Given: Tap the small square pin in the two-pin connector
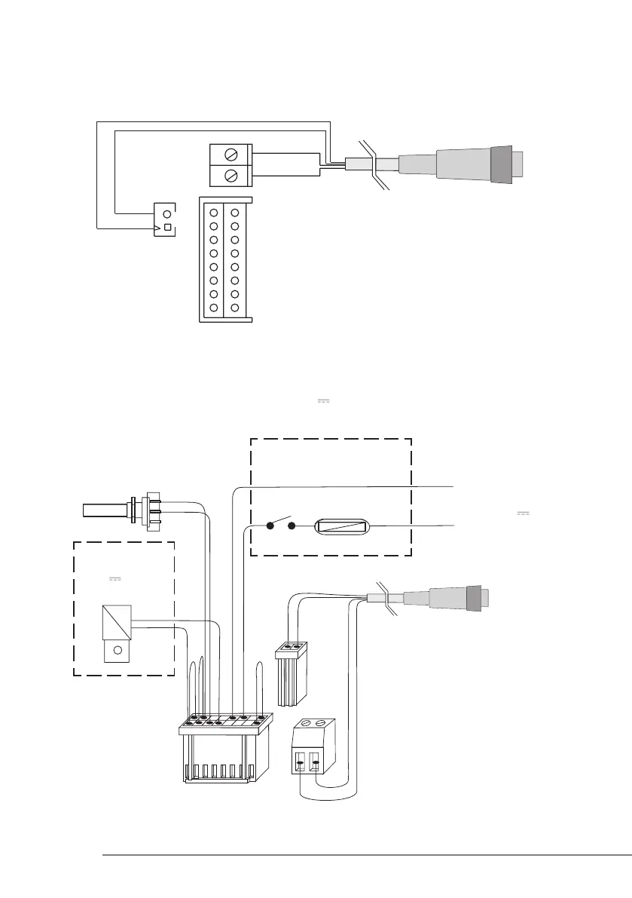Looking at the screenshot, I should [168, 227].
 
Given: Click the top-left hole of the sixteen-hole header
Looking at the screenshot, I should [213, 212].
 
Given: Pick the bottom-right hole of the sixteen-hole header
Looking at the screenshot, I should [235, 308].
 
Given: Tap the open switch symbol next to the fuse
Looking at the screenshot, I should [279, 523].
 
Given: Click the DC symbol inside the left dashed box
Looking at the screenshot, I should [115, 579].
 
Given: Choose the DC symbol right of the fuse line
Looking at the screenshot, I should [524, 513].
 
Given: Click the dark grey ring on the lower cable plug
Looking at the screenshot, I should [476, 599].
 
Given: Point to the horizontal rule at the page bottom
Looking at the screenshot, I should [367, 855].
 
